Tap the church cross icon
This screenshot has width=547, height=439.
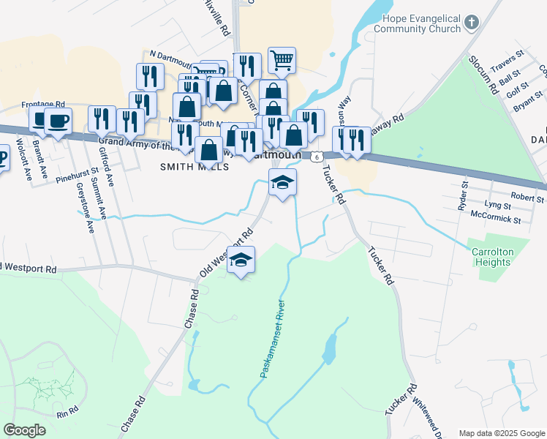coord(472,22)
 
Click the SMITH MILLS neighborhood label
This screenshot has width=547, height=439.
coord(195,167)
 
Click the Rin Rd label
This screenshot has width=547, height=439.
coord(67,412)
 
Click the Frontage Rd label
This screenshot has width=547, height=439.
coord(44,105)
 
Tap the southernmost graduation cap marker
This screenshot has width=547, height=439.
coord(241,260)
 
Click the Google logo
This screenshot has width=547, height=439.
coord(25,430)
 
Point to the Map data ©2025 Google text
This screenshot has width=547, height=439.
coord(502,433)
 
